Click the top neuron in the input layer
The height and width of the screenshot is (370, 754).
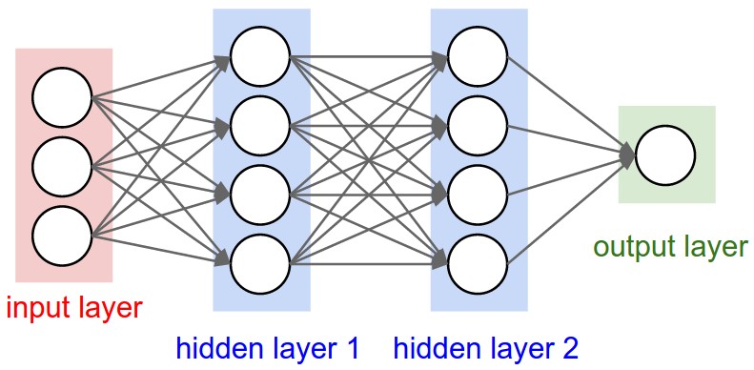62,97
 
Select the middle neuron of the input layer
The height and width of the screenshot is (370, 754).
62,166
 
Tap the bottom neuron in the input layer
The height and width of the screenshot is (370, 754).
62,234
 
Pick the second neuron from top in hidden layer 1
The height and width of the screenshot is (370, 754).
259,124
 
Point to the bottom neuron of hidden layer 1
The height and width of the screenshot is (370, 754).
259,260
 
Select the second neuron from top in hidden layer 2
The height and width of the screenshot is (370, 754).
478,124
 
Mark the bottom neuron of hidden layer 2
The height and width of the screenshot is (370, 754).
478,260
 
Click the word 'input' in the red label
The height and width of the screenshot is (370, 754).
39,308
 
